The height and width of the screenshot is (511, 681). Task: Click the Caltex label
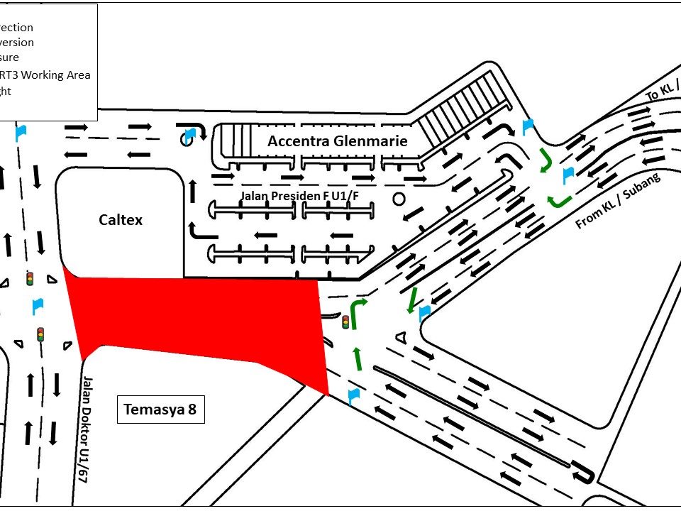pyautogui.click(x=121, y=220)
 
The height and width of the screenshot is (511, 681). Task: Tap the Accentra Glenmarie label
pyautogui.click(x=338, y=141)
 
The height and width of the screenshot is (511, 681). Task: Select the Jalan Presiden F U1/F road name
pyautogui.click(x=310, y=195)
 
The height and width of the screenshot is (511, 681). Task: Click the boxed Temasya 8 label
pyautogui.click(x=160, y=410)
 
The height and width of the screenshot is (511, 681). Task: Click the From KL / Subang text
pyautogui.click(x=618, y=202)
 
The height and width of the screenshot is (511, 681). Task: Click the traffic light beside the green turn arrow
pyautogui.click(x=346, y=322)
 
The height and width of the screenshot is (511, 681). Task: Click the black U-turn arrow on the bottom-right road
pyautogui.click(x=583, y=471)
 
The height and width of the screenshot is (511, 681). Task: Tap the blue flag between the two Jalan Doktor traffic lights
pyautogui.click(x=38, y=307)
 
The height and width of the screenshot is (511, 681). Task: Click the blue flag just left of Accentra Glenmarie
pyautogui.click(x=189, y=135)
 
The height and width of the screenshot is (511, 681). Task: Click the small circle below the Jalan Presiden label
pyautogui.click(x=399, y=199)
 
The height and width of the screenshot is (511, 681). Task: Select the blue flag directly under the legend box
pyautogui.click(x=21, y=131)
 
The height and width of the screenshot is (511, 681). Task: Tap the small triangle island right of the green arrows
pyautogui.click(x=401, y=338)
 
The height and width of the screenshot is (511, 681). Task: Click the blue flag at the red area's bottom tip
pyautogui.click(x=353, y=395)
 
